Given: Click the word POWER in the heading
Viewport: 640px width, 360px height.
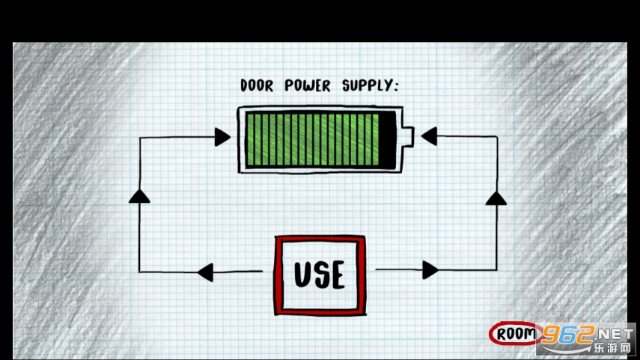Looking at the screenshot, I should (x=307, y=86).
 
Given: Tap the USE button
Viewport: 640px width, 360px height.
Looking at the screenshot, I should (x=320, y=275).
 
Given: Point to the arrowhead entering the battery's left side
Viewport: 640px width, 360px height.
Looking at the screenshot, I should (x=222, y=136).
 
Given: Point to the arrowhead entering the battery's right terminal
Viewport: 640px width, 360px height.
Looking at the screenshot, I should (x=428, y=136).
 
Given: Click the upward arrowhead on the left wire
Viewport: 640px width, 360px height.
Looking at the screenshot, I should (x=139, y=196).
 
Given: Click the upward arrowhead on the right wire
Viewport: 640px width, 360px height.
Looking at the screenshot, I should (x=496, y=198).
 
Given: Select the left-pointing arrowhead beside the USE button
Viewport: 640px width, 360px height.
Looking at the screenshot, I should (x=205, y=272).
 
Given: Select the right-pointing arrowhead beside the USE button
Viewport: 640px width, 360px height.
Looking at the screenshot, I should (x=430, y=270).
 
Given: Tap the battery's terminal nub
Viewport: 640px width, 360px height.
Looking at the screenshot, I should (x=408, y=137).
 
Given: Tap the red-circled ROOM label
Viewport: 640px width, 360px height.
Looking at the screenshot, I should (x=516, y=334).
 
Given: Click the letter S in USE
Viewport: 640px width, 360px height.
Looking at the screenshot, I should (x=320, y=275).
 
